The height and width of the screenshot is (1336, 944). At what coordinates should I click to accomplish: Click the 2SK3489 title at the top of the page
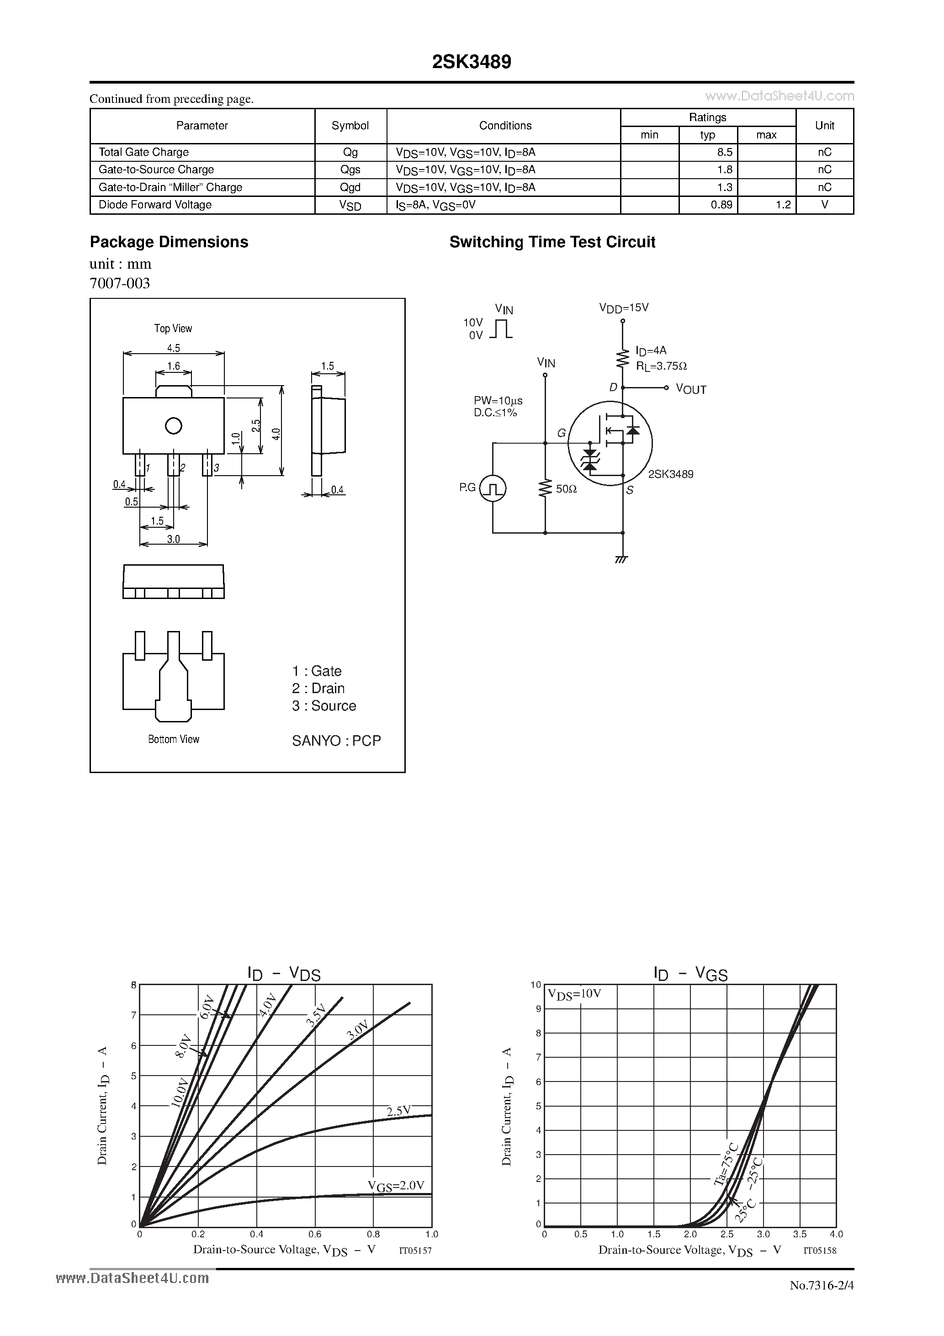[x=472, y=62]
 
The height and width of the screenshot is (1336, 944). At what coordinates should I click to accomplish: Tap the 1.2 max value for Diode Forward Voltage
[x=783, y=205]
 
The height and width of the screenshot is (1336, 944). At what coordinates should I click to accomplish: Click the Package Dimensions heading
[x=169, y=242]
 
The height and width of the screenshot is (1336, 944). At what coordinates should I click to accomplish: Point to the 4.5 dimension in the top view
[x=174, y=348]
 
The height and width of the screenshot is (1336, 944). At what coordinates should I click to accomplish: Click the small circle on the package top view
[x=174, y=426]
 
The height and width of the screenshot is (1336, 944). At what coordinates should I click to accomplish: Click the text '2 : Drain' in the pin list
[x=318, y=689]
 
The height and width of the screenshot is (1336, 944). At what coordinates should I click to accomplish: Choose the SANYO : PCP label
[x=336, y=741]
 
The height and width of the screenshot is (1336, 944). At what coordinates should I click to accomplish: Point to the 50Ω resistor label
[x=566, y=489]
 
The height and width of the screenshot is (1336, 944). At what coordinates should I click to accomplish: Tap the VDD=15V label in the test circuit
[x=624, y=308]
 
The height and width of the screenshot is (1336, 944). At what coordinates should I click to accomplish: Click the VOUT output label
[x=691, y=389]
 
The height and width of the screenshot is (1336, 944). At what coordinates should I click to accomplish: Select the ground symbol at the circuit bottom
[x=621, y=560]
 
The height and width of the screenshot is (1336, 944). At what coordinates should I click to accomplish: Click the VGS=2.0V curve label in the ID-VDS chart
[x=396, y=1186]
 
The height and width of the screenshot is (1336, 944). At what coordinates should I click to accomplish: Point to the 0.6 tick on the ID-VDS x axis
[x=315, y=1234]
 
